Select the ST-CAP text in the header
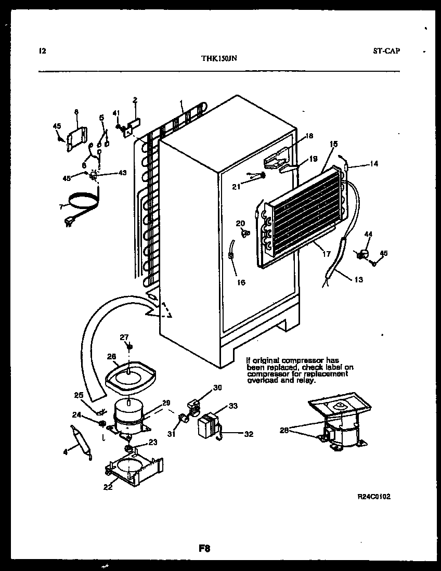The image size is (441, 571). [386, 51]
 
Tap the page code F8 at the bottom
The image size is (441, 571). [204, 548]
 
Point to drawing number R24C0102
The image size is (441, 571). [374, 497]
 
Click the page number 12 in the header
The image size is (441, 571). [43, 51]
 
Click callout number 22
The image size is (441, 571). [108, 487]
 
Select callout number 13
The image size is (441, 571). [359, 280]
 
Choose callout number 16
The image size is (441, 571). [241, 282]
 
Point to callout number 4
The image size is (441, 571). [66, 452]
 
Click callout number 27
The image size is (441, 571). [124, 337]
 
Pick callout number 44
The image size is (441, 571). [368, 235]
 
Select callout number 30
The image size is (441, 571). [217, 387]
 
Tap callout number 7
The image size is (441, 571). [61, 206]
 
